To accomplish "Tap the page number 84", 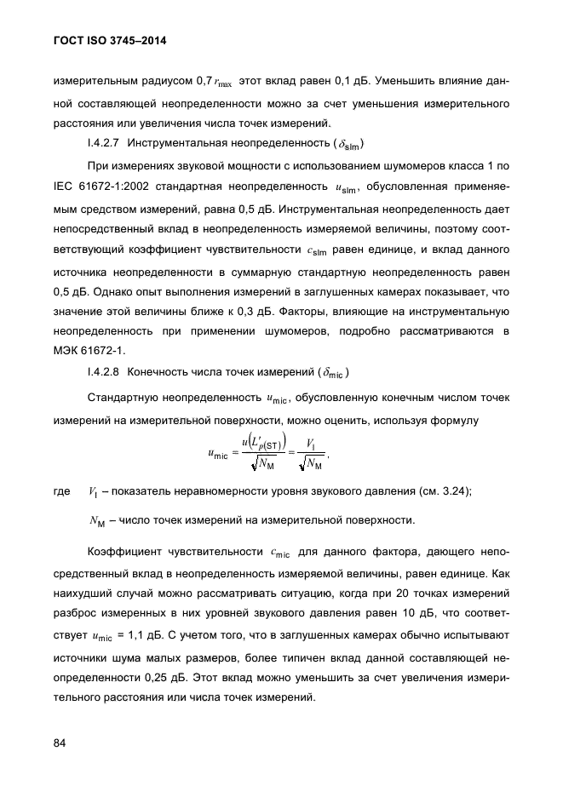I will [60, 743].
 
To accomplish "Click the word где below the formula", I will [61, 492].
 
